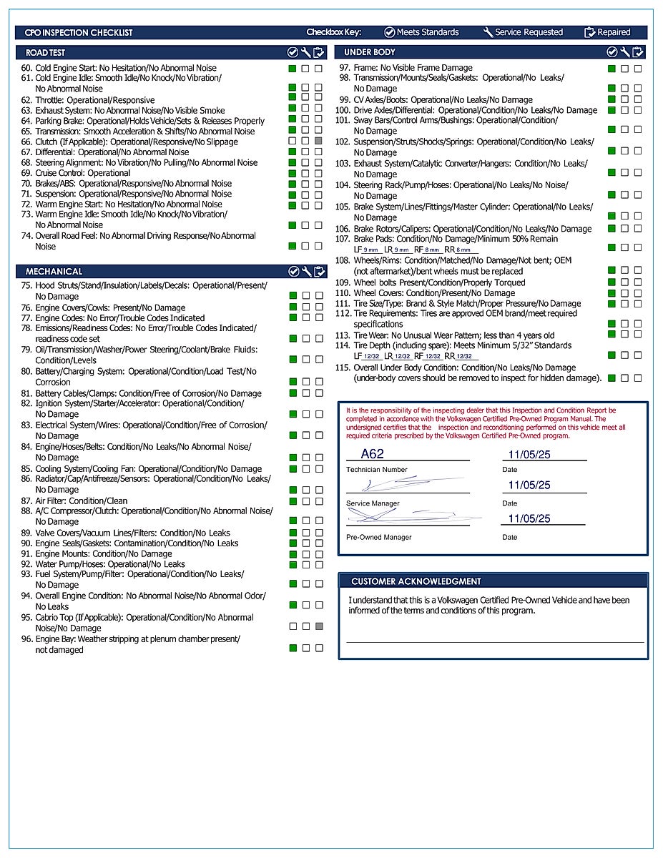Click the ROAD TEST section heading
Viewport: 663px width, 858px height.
45,53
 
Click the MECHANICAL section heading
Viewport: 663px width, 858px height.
54,272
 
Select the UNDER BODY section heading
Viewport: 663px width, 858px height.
369,52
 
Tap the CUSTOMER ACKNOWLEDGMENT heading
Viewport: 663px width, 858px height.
416,581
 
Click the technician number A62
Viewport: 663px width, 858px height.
372,453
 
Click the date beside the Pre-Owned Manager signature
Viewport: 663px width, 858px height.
529,518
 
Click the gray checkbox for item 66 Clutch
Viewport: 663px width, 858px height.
319,142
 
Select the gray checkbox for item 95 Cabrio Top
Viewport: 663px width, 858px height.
319,626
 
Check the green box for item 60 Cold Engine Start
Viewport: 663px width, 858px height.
292,69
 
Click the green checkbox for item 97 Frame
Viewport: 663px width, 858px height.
612,69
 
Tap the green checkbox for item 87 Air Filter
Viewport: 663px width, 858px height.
293,501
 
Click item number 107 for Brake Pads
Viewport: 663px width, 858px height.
343,239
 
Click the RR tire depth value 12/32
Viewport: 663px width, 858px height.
464,356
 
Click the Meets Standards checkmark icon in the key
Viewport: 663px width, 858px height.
389,32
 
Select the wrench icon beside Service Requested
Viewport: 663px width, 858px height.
488,32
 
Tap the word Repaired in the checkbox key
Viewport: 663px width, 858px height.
614,32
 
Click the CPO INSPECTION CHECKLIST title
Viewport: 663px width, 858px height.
79,32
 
